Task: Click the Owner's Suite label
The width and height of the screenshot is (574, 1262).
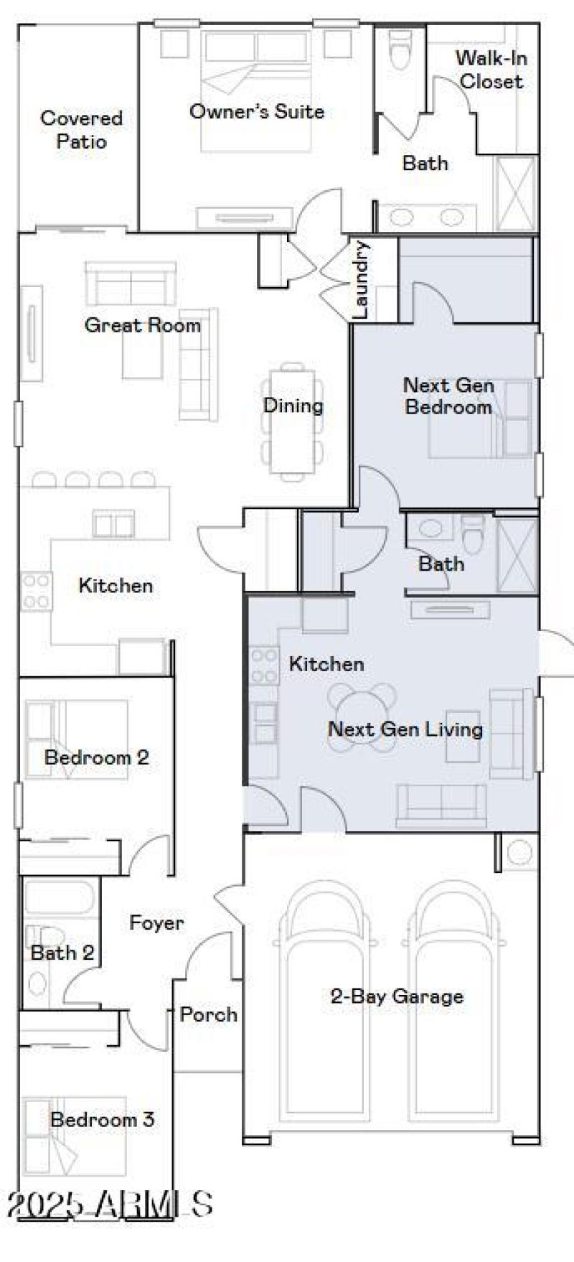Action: [x=256, y=111]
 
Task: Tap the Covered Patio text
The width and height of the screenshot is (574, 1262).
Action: [x=81, y=129]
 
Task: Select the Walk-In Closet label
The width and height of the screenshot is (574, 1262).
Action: [x=491, y=69]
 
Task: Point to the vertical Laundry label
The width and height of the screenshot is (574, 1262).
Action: [x=361, y=280]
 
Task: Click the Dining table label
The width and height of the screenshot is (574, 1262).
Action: [x=293, y=405]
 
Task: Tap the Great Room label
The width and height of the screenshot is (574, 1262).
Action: [x=142, y=325]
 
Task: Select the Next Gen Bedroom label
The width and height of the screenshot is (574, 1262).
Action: [x=448, y=396]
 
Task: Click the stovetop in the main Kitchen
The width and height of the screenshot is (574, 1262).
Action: [x=36, y=591]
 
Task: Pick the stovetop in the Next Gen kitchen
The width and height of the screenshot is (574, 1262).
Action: [x=263, y=665]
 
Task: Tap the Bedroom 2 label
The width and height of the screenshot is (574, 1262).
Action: [x=96, y=757]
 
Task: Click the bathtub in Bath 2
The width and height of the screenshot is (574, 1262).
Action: [x=59, y=897]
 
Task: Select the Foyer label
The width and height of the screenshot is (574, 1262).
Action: [x=156, y=922]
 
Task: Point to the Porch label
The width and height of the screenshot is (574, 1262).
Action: [x=208, y=1014]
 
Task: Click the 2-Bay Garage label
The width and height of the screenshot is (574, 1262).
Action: [x=396, y=996]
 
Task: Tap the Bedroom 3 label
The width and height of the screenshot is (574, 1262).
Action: [x=102, y=1118]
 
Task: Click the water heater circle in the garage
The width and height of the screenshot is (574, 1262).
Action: [x=519, y=852]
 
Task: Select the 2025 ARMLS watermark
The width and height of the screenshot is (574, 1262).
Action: [x=109, y=1205]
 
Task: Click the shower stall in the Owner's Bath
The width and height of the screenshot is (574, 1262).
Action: [x=516, y=195]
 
